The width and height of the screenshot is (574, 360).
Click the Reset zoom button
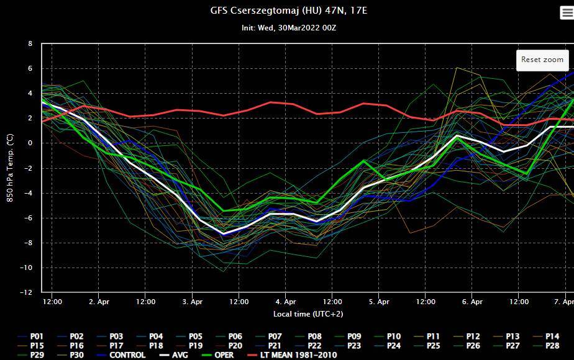(x=542, y=60)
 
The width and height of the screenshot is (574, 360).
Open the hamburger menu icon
(x=567, y=13)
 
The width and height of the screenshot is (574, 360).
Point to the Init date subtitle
(x=289, y=28)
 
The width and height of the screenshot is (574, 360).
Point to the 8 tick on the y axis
(x=30, y=44)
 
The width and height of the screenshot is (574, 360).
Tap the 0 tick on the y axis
(x=30, y=143)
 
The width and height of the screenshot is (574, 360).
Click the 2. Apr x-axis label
(x=99, y=302)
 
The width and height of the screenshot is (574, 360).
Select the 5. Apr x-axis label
(x=379, y=302)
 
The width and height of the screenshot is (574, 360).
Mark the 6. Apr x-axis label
(x=472, y=302)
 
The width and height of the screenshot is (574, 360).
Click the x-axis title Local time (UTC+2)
(x=308, y=314)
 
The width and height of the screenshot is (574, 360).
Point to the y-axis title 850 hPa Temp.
(x=10, y=168)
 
